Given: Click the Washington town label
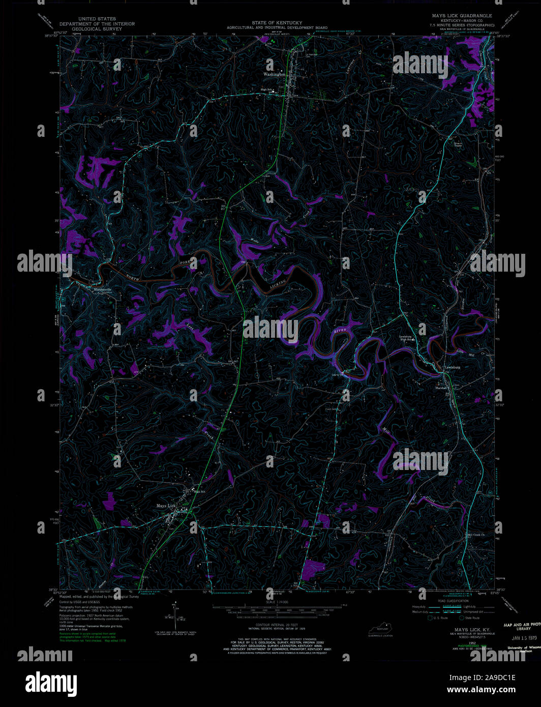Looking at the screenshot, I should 274,74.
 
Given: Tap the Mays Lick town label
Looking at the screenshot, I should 166,506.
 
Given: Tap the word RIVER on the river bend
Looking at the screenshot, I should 340,331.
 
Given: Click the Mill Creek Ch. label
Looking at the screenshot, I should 476,535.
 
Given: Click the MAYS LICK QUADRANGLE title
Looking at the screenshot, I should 462,16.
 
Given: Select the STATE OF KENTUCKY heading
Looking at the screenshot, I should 277,23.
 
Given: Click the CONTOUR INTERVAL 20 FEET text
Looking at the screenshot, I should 277,624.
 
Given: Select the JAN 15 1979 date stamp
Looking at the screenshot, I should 517,637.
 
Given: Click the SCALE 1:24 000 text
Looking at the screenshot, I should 277,602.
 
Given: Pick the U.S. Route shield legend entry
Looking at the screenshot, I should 439,618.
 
